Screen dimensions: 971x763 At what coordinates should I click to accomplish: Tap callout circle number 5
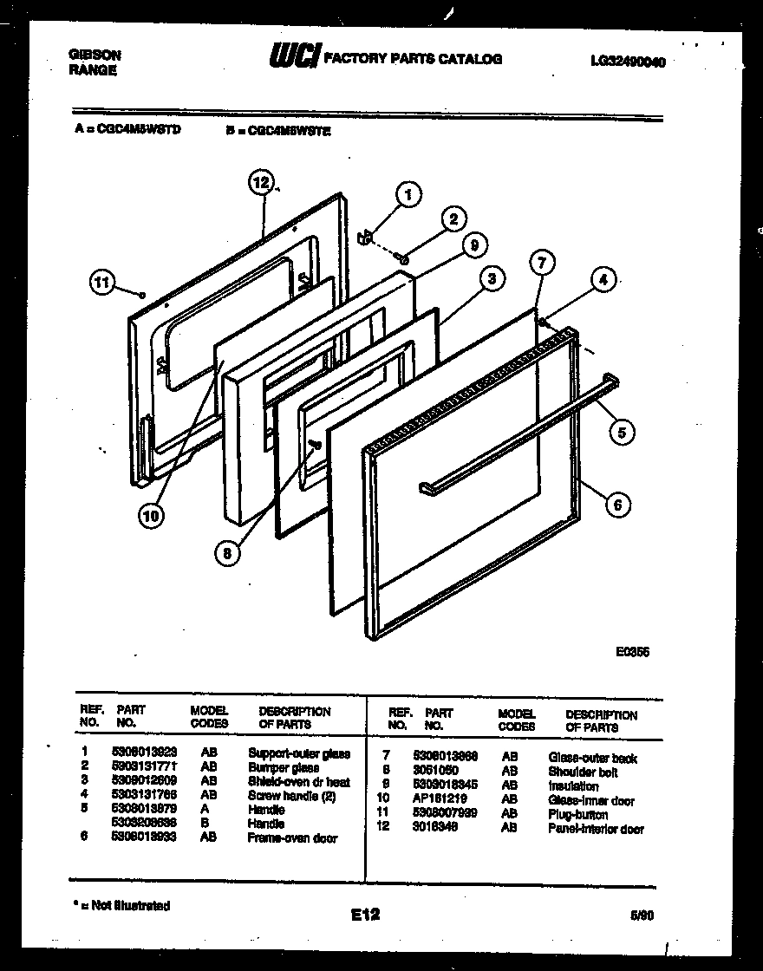point(621,431)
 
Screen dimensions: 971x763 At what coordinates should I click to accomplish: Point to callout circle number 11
point(102,281)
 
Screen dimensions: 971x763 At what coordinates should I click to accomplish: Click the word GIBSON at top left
point(95,55)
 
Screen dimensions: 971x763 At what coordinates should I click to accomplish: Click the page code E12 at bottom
point(365,914)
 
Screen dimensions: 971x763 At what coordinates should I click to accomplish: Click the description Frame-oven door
point(292,837)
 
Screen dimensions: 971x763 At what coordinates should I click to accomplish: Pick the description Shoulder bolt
point(583,772)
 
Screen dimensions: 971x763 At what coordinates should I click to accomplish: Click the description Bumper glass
point(283,767)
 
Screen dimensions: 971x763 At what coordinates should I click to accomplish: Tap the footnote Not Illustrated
point(124,905)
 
